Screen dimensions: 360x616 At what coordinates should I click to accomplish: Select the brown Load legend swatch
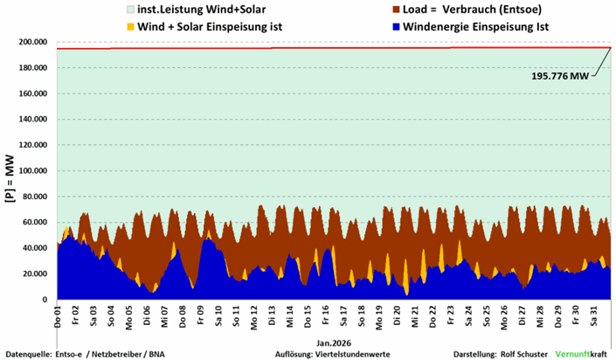342,10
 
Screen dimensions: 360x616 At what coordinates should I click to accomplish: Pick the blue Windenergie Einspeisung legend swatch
342,26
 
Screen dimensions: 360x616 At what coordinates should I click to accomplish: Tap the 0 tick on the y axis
45,300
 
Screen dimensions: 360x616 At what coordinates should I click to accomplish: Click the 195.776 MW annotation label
559,76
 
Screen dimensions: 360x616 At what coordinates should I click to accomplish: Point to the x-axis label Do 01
57,315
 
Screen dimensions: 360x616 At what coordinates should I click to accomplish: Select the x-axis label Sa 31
594,315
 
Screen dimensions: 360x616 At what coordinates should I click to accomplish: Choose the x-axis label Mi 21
414,315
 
